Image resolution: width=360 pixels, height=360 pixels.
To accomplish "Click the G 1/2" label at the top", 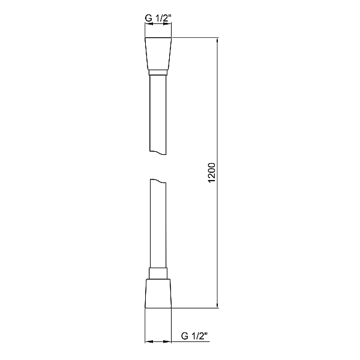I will point(158,18).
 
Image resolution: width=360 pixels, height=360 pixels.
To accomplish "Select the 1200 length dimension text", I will point(212,173).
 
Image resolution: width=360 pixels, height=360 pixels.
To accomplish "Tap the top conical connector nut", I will point(158,54).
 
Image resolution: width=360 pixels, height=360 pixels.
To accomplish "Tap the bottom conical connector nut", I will point(158,293).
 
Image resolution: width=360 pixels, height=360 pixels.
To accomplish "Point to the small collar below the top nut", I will point(158,73).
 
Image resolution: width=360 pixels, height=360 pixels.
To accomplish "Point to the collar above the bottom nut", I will point(158,274).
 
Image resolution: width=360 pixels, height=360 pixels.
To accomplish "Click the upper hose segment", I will point(158,114).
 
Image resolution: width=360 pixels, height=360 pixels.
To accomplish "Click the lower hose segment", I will point(158,228).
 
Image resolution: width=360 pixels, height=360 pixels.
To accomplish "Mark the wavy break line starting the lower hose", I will point(158,182).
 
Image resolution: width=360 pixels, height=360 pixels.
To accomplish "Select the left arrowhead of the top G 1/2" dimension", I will point(148,25).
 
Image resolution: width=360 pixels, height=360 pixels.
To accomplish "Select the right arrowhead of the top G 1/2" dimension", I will point(169,25).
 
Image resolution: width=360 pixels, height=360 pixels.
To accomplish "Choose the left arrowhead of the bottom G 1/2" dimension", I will point(148,342).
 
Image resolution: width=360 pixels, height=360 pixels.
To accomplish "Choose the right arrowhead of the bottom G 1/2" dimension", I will point(169,342).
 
